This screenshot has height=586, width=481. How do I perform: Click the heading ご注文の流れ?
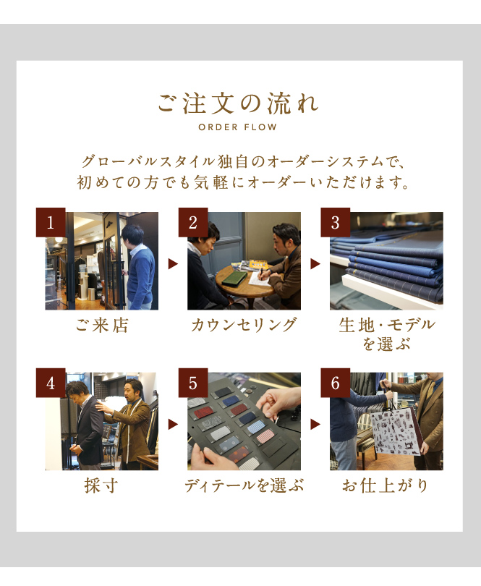pos(238,103)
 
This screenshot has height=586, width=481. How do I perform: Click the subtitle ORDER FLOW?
pos(238,127)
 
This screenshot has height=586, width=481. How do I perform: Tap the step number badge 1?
pos(51,222)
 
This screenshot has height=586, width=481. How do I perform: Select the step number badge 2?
pos(193,222)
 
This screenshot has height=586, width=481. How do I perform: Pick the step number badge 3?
pos(335,222)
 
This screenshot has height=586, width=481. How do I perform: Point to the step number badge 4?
pos(51,383)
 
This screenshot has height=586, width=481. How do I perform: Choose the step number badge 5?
pos(193,383)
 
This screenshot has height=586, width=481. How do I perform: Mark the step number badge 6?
pos(335,383)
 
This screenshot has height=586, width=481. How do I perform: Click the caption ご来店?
pos(102,325)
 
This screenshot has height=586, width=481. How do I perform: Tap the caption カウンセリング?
pos(244,325)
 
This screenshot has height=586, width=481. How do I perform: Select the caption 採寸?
pos(101,485)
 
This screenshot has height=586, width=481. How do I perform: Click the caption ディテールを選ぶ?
pos(244,485)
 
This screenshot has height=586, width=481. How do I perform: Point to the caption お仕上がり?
pos(386,485)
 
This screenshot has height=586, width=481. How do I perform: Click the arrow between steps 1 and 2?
pos(173,264)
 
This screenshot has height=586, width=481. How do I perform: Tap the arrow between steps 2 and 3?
pos(315,264)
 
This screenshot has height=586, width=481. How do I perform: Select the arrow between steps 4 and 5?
pos(173,424)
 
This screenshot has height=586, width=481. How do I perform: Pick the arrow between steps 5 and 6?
pos(315,424)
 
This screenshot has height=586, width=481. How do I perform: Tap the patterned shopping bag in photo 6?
pos(396,433)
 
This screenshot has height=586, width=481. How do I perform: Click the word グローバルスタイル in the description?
pos(148,162)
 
